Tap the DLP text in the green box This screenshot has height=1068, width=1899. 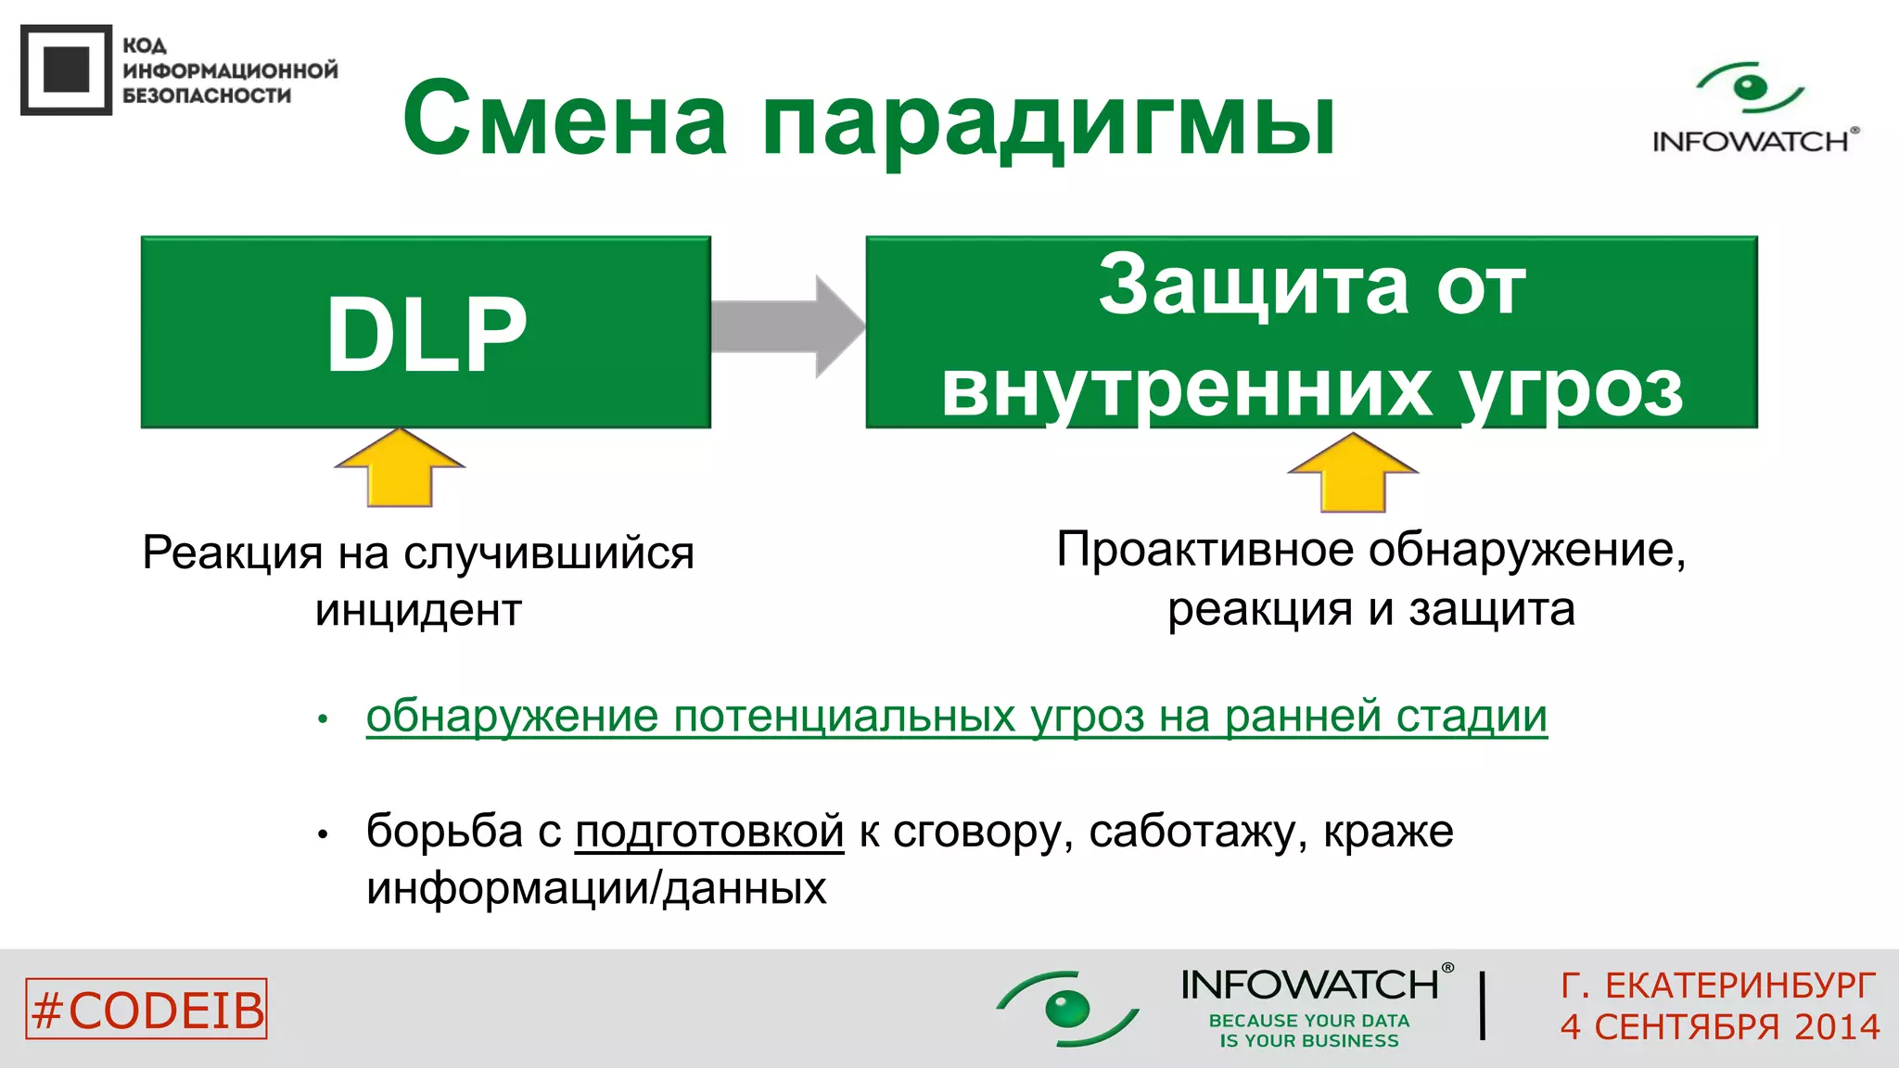click(427, 335)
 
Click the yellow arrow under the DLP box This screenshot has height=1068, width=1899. click(400, 468)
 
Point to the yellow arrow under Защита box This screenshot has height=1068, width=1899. click(1353, 473)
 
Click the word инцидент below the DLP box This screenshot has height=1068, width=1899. click(418, 611)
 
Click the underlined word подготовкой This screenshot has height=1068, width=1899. click(709, 831)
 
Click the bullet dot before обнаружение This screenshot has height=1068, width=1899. click(323, 718)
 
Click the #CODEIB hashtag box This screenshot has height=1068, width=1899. click(147, 1009)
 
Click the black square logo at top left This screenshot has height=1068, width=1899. click(67, 70)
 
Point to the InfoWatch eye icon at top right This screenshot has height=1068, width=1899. click(1750, 88)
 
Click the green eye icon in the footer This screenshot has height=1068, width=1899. click(1066, 1008)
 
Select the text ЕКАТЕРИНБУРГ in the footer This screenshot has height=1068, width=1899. click(1740, 985)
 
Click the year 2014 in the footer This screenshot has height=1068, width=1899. click(1836, 1027)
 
